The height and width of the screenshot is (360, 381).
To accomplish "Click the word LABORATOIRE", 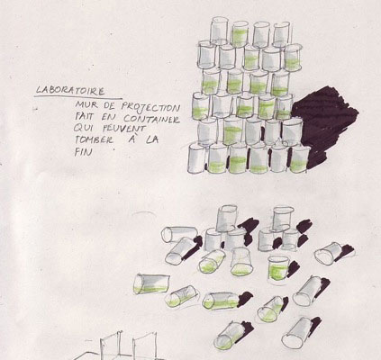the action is pos(70,90).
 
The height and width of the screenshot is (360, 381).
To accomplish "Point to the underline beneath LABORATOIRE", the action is pos(78,97).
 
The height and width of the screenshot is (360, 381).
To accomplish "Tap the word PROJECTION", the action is pos(150,107).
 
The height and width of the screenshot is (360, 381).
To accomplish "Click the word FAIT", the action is pos(84,116).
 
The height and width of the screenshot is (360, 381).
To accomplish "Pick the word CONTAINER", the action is pos(151,120).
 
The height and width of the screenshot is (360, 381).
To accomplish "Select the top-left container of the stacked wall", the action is pos(219,31).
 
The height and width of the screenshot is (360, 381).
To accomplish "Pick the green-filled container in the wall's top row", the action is pos(240,34).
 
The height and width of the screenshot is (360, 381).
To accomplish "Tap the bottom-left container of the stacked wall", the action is pos(197,158).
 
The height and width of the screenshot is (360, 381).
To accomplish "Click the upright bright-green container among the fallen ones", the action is pos(278,268).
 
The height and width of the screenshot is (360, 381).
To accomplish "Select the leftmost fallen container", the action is pos(151,283).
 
